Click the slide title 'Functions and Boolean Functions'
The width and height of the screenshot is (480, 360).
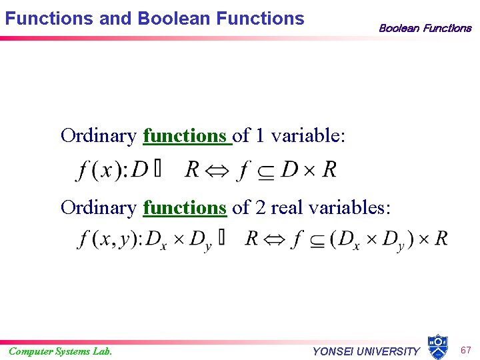tap(154, 18)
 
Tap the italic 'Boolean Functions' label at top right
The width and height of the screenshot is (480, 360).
tap(425, 28)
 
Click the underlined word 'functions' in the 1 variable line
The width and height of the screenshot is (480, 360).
tap(185, 136)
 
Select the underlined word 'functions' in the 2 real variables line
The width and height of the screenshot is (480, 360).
tap(185, 208)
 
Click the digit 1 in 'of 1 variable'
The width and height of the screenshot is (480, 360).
tap(260, 136)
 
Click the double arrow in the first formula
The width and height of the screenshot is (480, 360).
tap(217, 170)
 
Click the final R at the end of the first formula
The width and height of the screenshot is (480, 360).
tap(329, 170)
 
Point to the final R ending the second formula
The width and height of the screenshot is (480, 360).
tap(441, 239)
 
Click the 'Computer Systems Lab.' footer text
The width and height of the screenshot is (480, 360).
tap(60, 351)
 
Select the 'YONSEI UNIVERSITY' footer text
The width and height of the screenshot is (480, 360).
tap(366, 351)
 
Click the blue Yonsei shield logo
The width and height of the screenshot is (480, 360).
tap(437, 347)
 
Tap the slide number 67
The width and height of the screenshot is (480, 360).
tap(465, 349)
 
